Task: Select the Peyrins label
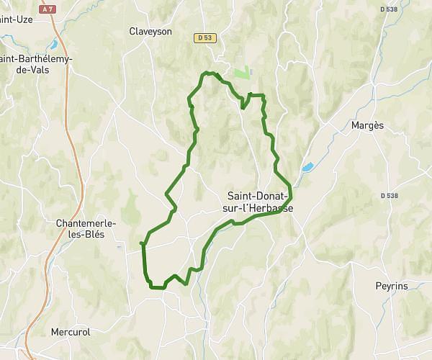(x=391, y=286)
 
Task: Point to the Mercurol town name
(x=69, y=332)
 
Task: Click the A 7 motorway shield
(x=48, y=9)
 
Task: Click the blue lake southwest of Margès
(x=307, y=168)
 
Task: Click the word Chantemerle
(x=85, y=223)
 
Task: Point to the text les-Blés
(x=85, y=235)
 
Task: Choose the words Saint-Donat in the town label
(x=257, y=195)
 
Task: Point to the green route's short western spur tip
(x=140, y=244)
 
